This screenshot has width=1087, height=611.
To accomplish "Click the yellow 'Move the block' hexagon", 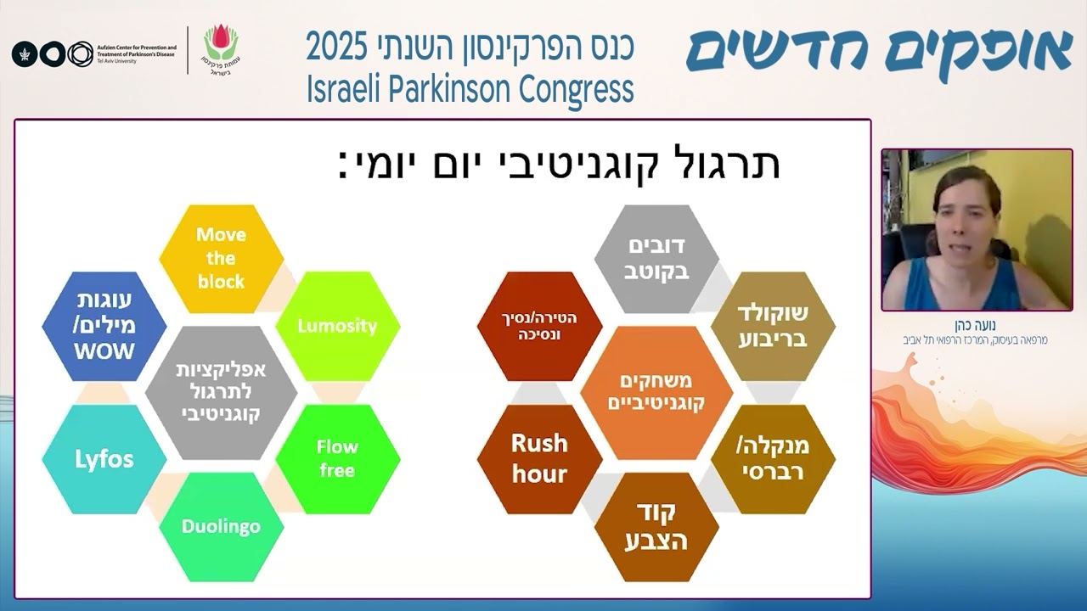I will (x=221, y=258).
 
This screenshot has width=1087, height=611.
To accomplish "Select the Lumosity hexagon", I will (x=337, y=326).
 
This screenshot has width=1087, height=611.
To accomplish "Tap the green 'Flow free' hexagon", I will (x=337, y=458).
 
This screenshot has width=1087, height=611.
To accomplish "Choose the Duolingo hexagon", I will (x=221, y=526).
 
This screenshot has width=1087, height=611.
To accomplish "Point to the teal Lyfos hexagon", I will (x=104, y=459).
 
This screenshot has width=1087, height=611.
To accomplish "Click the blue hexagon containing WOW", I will (x=104, y=326).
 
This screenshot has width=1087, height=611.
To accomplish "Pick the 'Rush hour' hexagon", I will (x=539, y=458).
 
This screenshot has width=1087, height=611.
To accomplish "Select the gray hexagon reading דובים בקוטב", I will (x=656, y=258).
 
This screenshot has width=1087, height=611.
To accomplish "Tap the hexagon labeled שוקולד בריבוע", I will (x=772, y=326).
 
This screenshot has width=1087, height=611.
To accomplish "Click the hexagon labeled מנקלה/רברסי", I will (x=772, y=458).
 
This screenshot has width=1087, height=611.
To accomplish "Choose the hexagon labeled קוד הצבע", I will (x=656, y=526).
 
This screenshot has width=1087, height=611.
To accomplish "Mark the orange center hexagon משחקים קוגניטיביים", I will (x=656, y=392).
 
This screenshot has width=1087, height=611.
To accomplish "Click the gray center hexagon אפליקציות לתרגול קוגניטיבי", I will (x=221, y=392).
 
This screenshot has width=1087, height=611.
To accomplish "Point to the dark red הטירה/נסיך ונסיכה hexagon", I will (x=539, y=326).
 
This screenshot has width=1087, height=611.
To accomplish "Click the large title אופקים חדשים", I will (x=880, y=53).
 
